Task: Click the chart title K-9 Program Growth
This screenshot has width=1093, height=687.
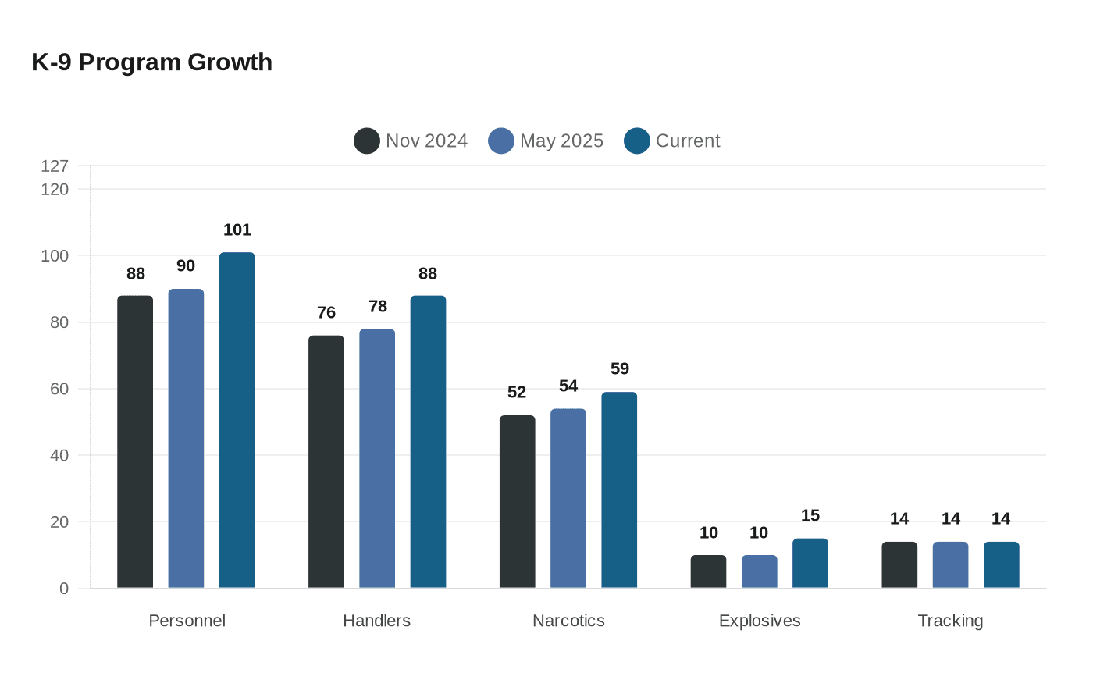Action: pyautogui.click(x=151, y=62)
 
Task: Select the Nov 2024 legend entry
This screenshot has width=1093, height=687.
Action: pyautogui.click(x=411, y=141)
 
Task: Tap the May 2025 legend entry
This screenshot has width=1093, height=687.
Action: pyautogui.click(x=546, y=141)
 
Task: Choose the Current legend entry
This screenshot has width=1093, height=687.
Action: pyautogui.click(x=672, y=141)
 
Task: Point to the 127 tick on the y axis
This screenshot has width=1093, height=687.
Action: pyautogui.click(x=55, y=166)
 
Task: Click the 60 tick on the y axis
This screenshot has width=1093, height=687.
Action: pyautogui.click(x=59, y=389)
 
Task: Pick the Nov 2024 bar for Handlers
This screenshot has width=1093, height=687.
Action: pyautogui.click(x=326, y=461)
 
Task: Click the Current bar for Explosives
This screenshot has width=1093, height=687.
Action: pyautogui.click(x=810, y=563)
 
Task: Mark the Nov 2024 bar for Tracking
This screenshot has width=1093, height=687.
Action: pyautogui.click(x=899, y=564)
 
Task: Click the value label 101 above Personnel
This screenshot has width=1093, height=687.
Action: pyautogui.click(x=237, y=230)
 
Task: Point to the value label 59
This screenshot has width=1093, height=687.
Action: pyautogui.click(x=619, y=368)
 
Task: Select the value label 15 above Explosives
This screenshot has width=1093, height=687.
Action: pyautogui.click(x=810, y=515)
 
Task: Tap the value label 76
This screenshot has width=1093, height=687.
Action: pyautogui.click(x=326, y=312)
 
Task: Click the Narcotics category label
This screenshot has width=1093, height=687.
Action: pyautogui.click(x=568, y=621)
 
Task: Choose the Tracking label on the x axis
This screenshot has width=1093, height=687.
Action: pyautogui.click(x=950, y=621)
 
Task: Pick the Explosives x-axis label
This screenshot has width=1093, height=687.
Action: pyautogui.click(x=760, y=621)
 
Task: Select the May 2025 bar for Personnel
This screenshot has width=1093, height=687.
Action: pyautogui.click(x=186, y=438)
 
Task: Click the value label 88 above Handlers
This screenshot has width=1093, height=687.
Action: pyautogui.click(x=428, y=273)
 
